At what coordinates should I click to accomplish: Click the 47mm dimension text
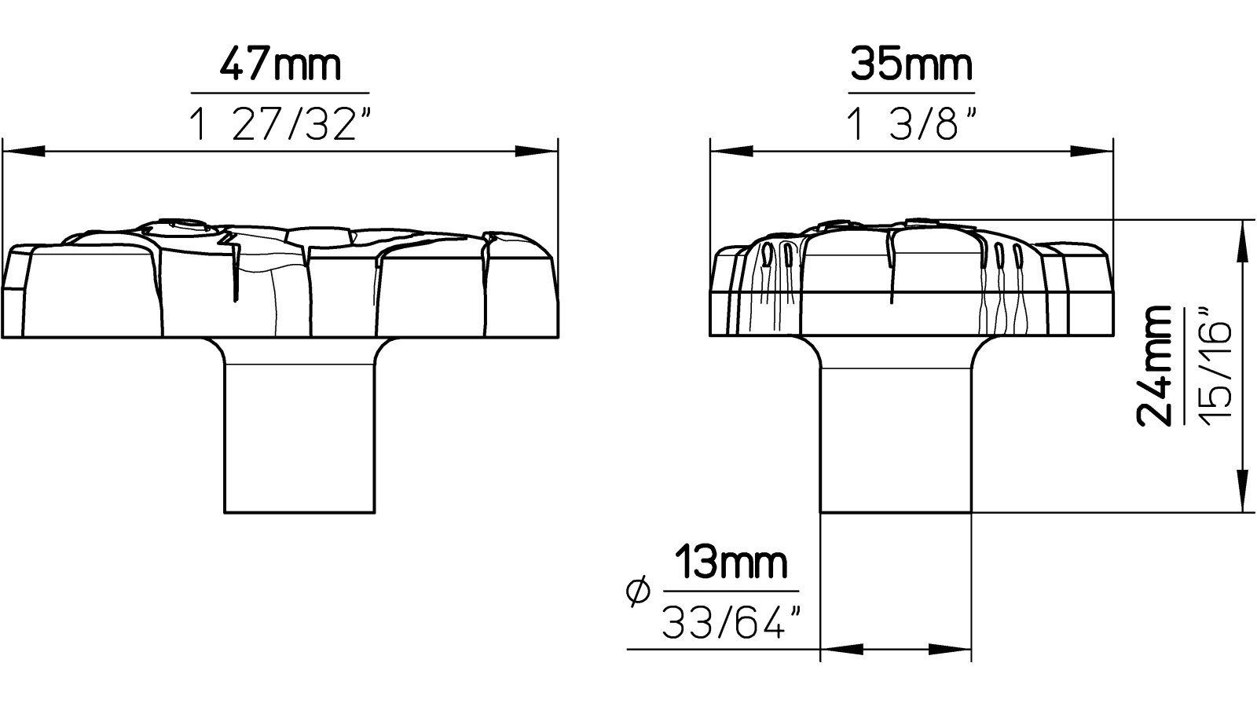[280, 64]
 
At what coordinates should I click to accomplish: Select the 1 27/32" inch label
[280, 124]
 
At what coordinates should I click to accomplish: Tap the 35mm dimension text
[911, 64]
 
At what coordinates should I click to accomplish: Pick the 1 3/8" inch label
[911, 124]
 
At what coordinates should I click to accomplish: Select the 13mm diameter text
[731, 563]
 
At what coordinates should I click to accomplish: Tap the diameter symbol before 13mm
[639, 591]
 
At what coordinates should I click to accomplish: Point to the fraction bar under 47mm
[280, 93]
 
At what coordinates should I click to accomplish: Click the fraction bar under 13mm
[731, 592]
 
